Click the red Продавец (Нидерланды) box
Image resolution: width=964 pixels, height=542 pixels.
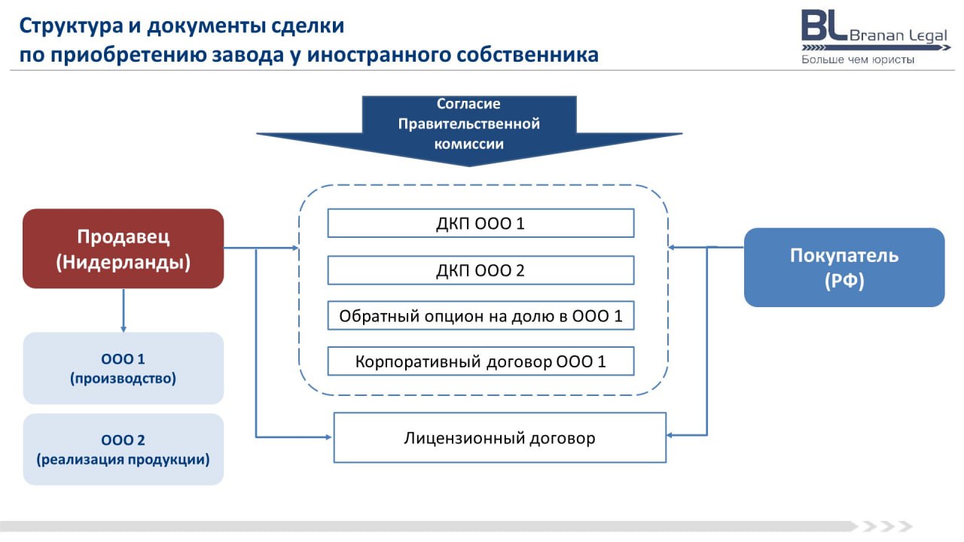pyautogui.click(x=123, y=248)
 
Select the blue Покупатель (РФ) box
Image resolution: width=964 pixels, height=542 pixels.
pyautogui.click(x=844, y=267)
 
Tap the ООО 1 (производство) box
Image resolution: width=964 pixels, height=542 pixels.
pyautogui.click(x=123, y=368)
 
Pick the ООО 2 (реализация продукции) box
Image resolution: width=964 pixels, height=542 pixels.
pyautogui.click(x=123, y=449)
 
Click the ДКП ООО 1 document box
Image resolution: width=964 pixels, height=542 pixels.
pyautogui.click(x=480, y=224)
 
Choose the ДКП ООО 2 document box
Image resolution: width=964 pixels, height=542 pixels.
pyautogui.click(x=480, y=270)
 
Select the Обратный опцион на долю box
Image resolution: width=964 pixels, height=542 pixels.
pyautogui.click(x=480, y=315)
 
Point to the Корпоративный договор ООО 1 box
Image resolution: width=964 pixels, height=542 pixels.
pyautogui.click(x=480, y=361)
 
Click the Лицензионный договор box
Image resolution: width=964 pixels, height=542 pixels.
pyautogui.click(x=500, y=438)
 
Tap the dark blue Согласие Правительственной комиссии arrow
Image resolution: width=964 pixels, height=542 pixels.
pyautogui.click(x=469, y=129)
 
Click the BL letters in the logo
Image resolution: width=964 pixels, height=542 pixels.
pyautogui.click(x=824, y=26)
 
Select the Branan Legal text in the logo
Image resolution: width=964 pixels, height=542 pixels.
pyautogui.click(x=898, y=35)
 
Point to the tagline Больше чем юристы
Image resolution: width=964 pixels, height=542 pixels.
pyautogui.click(x=858, y=59)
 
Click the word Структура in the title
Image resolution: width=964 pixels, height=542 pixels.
pyautogui.click(x=71, y=26)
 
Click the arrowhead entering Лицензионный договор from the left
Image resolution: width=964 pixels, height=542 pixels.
pyautogui.click(x=328, y=437)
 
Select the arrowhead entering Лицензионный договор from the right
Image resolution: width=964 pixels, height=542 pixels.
pyautogui.click(x=670, y=435)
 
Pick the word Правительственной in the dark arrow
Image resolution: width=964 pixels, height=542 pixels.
pyautogui.click(x=469, y=124)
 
